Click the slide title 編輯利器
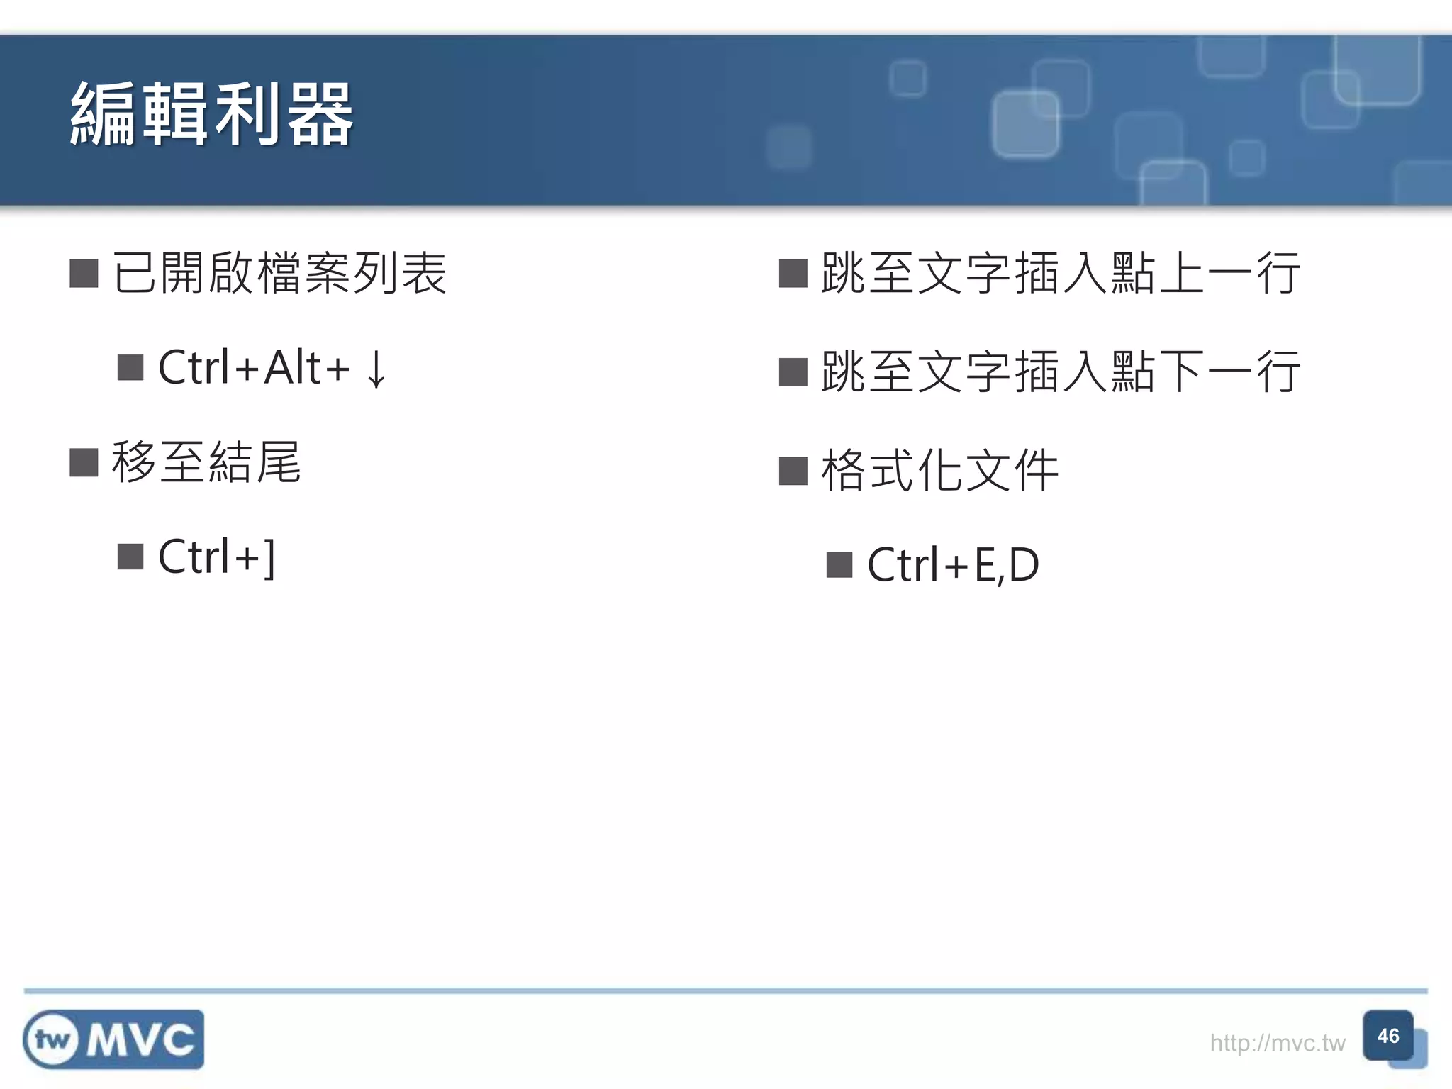211,115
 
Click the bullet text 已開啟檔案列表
279,273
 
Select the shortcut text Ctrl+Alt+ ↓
273,368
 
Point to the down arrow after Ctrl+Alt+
376,369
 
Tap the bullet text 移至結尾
206,462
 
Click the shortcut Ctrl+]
216,557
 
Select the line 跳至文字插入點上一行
1060,273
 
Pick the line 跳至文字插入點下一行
1060,372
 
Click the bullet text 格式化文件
939,470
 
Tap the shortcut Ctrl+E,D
953,565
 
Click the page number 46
1387,1037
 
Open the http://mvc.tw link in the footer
1277,1043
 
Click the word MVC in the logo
140,1040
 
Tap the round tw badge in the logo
51,1040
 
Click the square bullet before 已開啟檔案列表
84,274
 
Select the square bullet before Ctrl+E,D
839,565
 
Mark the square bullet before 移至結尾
84,463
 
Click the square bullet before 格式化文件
793,471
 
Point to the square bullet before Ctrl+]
130,557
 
